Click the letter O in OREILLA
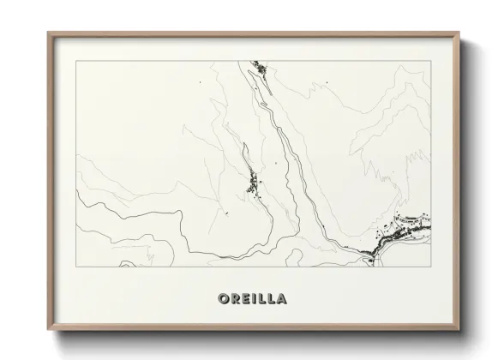coord(212,299)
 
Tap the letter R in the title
coord(225,299)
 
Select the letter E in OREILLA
coord(237,299)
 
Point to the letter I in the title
coord(247,299)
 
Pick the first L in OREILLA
coord(256,299)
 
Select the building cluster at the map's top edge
coord(258,69)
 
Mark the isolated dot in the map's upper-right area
coord(327,82)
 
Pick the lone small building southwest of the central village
coord(228,213)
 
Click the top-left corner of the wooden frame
coord(47,33)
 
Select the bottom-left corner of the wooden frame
coord(47,329)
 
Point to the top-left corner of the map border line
coord(76,61)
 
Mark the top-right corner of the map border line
coord(430,61)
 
